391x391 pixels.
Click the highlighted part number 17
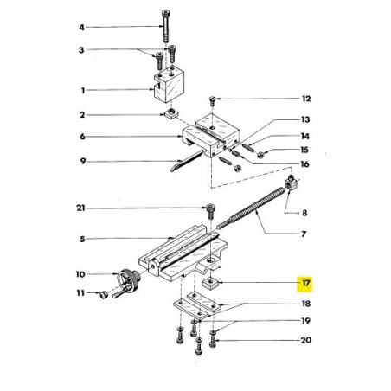click(x=305, y=283)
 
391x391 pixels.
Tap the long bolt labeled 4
click(x=165, y=26)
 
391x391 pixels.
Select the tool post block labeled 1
click(x=170, y=84)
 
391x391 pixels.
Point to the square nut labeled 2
click(x=170, y=115)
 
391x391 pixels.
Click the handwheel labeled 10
click(x=129, y=280)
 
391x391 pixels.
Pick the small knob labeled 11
click(x=104, y=295)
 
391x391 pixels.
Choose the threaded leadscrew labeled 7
click(x=250, y=208)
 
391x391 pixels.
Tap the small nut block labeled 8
click(x=292, y=183)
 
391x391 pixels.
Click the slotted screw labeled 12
click(x=212, y=100)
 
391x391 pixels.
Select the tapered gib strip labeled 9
click(x=187, y=160)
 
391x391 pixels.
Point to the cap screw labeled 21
click(x=210, y=211)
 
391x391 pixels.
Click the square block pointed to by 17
click(x=210, y=282)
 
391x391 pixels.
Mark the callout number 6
click(x=82, y=137)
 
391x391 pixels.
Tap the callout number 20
click(x=306, y=340)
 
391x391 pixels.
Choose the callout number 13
click(x=305, y=119)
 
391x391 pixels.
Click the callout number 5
click(x=82, y=239)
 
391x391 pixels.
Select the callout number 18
click(x=306, y=304)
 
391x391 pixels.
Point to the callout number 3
click(x=81, y=50)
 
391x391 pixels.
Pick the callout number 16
click(x=304, y=164)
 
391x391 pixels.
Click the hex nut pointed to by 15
click(x=260, y=155)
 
